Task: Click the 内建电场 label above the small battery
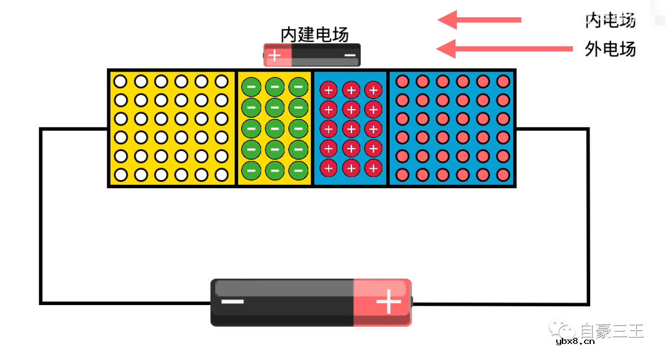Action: [314, 35]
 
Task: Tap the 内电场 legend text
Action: [610, 20]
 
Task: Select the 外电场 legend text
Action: [610, 49]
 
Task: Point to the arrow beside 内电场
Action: [479, 20]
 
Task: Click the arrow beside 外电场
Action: [504, 48]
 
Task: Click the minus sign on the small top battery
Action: [350, 55]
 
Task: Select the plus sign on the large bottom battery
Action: [388, 303]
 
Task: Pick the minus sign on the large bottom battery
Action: [232, 302]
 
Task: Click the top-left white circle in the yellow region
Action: [121, 81]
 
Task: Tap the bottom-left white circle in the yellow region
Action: [121, 175]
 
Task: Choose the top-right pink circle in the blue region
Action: [503, 81]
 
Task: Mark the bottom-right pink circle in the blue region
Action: [503, 175]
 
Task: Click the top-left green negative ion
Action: [251, 87]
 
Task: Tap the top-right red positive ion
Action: [372, 90]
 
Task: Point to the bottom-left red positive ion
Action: [329, 167]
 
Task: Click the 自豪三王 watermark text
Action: [612, 331]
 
